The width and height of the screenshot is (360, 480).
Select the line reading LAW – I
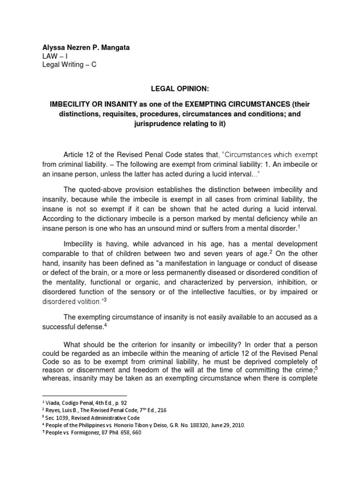pyautogui.click(x=55, y=56)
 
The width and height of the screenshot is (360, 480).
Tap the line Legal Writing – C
pyautogui.click(x=69, y=65)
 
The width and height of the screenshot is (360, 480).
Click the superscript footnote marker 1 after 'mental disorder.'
pyautogui.click(x=299, y=226)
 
